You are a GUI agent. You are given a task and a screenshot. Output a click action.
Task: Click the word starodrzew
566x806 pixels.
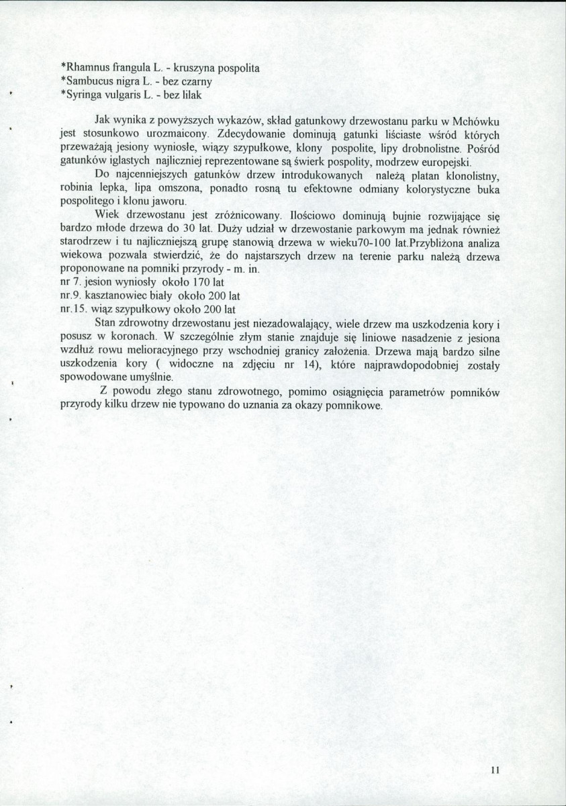pos(87,242)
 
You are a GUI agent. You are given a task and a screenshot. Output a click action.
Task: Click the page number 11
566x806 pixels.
pos(496,770)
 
